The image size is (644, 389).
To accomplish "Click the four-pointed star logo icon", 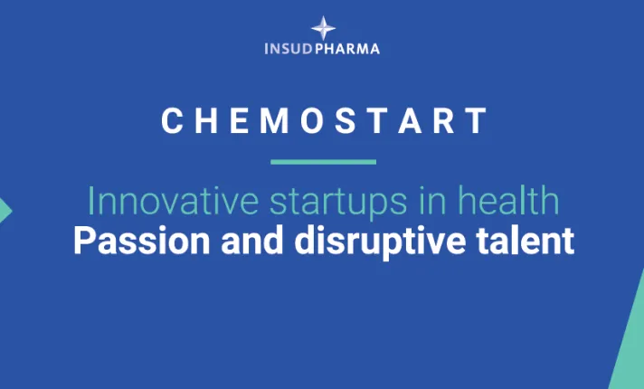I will [x=323, y=27].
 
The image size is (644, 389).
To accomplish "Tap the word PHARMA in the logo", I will [x=349, y=48].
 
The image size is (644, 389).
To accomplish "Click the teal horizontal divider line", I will [x=323, y=162].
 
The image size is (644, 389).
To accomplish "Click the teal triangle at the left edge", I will [x=5, y=211].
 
